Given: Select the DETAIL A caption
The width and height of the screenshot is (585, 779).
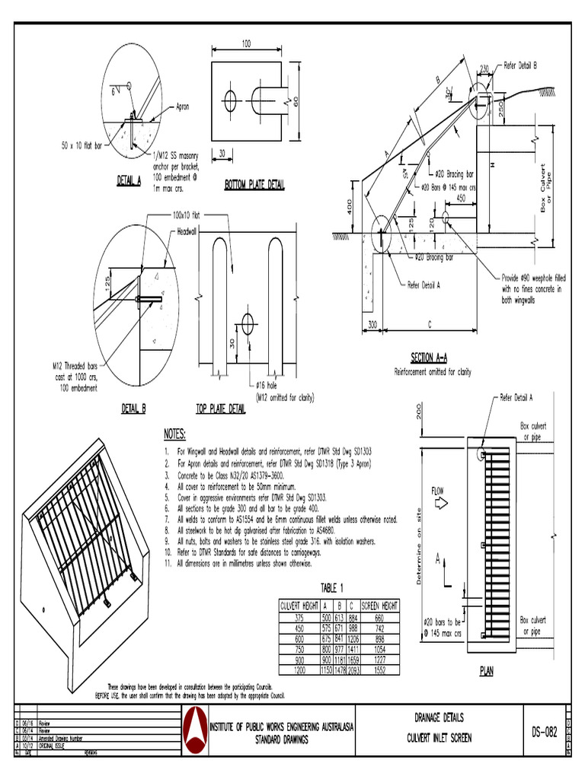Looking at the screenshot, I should (129, 181).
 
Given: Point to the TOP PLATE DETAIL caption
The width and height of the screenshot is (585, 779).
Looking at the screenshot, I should (222, 409).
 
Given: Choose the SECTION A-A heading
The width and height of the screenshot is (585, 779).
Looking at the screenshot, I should (432, 358).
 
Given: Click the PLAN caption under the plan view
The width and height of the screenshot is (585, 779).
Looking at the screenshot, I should (486, 671).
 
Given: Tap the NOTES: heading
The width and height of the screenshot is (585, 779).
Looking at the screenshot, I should (175, 434).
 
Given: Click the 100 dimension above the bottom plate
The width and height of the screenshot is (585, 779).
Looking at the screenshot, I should (246, 45).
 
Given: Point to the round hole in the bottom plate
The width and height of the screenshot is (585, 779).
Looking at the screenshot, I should (229, 99).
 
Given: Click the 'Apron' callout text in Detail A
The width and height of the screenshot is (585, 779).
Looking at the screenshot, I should (187, 107).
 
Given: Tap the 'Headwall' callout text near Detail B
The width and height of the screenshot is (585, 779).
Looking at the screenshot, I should (187, 231).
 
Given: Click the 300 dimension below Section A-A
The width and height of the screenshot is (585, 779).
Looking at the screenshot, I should (372, 325).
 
